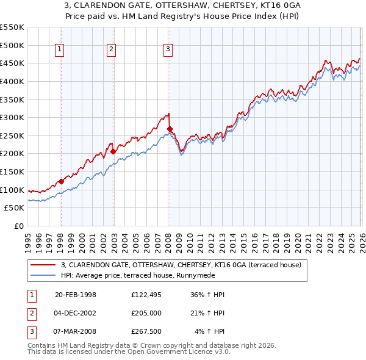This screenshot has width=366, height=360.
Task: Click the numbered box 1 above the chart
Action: (x=60, y=50)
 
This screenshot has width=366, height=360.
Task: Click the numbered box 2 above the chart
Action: (x=112, y=50)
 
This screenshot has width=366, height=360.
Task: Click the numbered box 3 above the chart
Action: (x=168, y=50)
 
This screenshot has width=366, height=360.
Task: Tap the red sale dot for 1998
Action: (x=61, y=181)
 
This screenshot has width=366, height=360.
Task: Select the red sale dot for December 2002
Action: (x=113, y=151)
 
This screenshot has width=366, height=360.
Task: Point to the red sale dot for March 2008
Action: (x=170, y=129)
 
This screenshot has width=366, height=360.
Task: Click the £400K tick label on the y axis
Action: (x=12, y=81)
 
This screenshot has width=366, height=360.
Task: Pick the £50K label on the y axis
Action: (x=14, y=208)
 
